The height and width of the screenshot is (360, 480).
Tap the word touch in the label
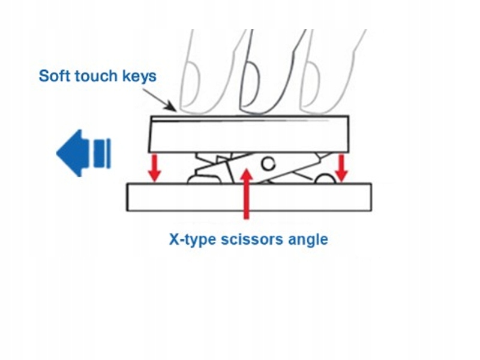point(96,76)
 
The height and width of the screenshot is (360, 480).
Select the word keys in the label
point(139,77)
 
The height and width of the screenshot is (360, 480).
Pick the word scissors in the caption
point(252,239)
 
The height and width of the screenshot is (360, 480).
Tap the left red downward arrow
point(155,168)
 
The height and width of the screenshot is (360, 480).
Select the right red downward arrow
point(341,168)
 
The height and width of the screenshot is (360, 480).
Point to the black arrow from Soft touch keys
point(160,100)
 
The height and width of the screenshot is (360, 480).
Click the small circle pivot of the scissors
point(268,164)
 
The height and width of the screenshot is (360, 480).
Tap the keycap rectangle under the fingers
point(248,134)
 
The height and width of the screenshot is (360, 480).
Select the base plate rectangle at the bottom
point(249,197)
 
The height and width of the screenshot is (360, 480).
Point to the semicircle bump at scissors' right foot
point(325,178)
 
